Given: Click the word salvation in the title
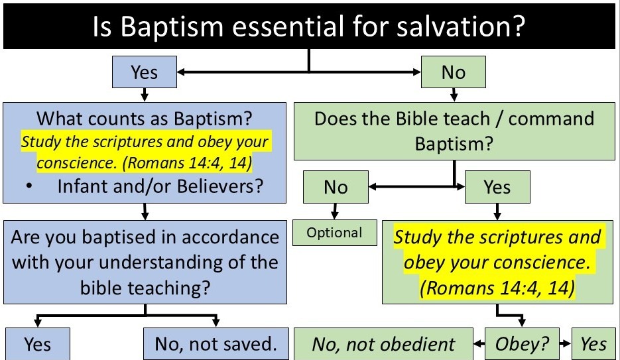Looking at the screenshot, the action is tap(461, 26).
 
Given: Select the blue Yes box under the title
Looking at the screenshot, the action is tap(145, 72).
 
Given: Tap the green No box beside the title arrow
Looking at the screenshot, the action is tap(453, 72).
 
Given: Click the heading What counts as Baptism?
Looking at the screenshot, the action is tap(145, 118).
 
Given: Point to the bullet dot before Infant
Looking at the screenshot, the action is tap(29, 186).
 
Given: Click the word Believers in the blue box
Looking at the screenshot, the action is tap(220, 186).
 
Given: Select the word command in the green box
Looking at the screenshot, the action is tap(551, 119).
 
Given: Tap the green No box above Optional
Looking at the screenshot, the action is tap(336, 187).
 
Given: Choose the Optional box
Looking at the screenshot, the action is tap(334, 233).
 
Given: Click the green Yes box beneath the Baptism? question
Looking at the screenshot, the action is tap(497, 187).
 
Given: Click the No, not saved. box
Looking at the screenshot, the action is tap(216, 344).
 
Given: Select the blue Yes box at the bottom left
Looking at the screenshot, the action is tap(38, 344).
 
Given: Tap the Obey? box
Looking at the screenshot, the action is tap(522, 344).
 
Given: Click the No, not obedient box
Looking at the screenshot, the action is tap(383, 344).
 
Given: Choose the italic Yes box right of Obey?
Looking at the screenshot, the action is tap(593, 344).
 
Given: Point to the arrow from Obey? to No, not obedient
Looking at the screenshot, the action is tap(479, 344).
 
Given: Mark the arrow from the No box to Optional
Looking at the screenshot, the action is tap(335, 211).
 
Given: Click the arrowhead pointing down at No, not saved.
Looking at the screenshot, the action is tap(216, 322).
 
